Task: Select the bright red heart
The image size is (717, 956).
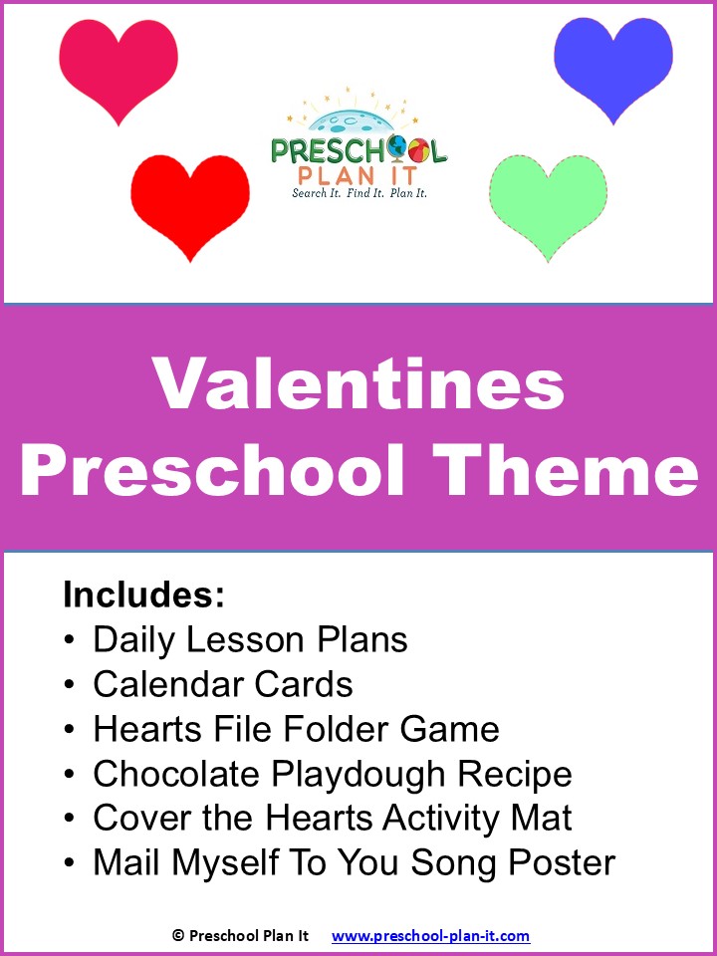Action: click(190, 202)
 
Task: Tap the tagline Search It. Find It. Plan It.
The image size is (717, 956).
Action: click(359, 193)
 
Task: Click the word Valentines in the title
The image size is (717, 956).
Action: click(358, 384)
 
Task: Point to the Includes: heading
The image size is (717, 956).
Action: click(143, 595)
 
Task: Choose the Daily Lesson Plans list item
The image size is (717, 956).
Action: click(250, 639)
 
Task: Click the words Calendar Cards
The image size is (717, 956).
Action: click(223, 684)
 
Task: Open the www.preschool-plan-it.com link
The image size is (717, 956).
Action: click(430, 935)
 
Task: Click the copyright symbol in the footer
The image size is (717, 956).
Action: click(177, 935)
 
